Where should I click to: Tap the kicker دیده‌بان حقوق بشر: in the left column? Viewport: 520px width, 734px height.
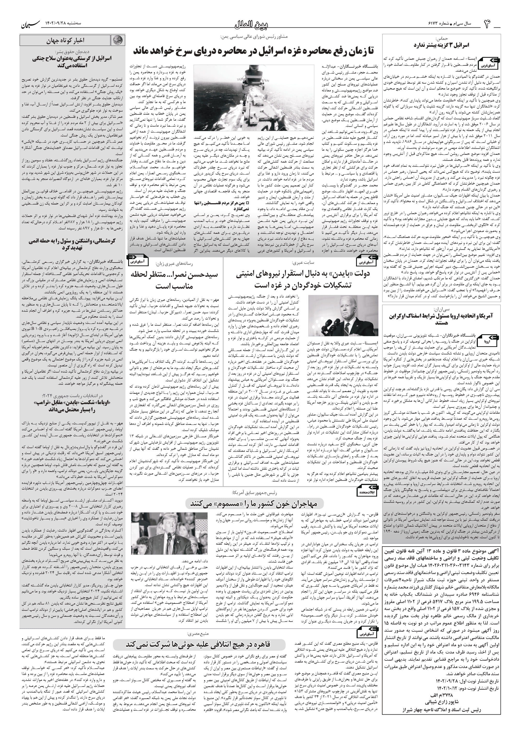click(72, 51)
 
